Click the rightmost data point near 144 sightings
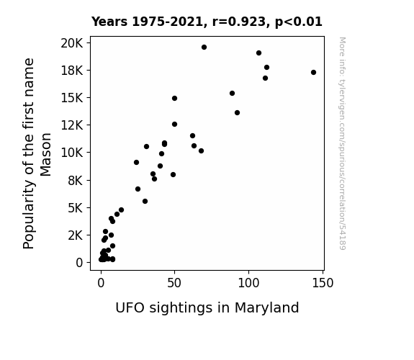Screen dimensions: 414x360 [313, 73]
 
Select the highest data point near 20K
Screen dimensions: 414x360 [204, 48]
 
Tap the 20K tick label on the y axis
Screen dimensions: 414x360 [72, 43]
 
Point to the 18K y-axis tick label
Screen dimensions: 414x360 [72, 71]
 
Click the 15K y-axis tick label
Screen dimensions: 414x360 [72, 98]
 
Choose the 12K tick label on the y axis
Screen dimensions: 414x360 [72, 125]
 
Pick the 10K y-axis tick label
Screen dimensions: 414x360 [72, 153]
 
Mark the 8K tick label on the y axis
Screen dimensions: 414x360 [76, 181]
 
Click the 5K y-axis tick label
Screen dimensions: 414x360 [76, 208]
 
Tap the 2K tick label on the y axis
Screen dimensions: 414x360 [76, 235]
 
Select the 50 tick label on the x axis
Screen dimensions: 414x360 [174, 283]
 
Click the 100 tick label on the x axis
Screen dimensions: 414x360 [248, 283]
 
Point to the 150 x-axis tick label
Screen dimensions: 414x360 [323, 283]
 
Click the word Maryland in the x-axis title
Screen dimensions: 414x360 [266, 308]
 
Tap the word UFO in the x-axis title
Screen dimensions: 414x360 [130, 308]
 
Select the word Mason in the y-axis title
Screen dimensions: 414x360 [45, 155]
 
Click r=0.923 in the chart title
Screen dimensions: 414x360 [239, 22]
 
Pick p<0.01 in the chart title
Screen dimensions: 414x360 [299, 22]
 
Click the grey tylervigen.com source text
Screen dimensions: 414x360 [342, 143]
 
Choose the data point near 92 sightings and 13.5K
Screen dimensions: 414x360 [237, 113]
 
